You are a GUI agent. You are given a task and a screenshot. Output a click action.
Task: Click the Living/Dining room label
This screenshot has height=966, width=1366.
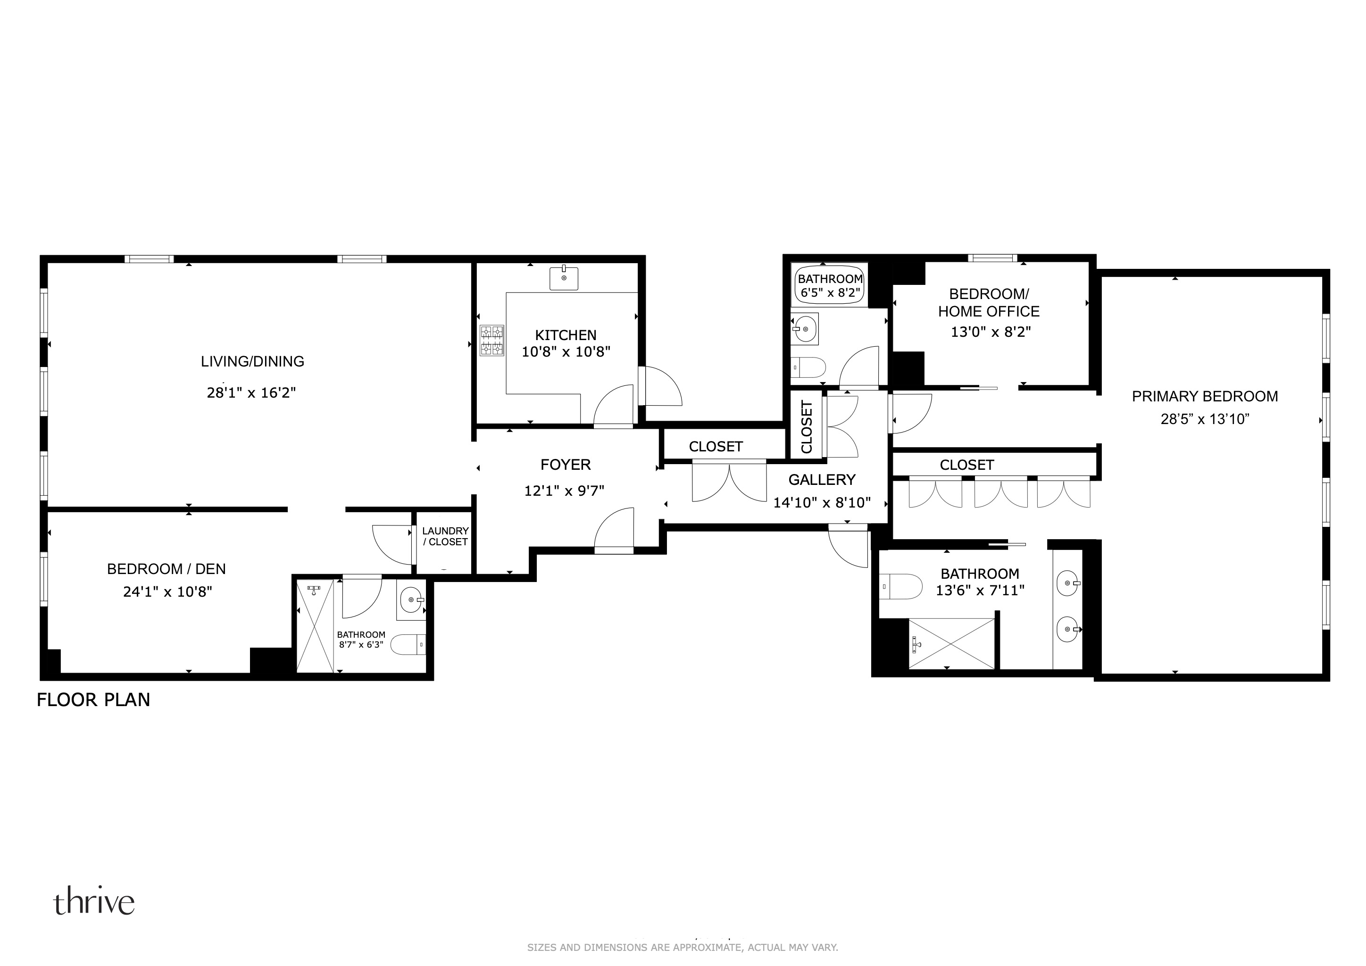(252, 361)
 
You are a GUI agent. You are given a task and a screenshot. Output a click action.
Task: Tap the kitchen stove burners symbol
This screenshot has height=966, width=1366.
(492, 340)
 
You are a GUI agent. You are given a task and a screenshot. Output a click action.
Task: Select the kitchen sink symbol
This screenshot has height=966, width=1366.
(563, 278)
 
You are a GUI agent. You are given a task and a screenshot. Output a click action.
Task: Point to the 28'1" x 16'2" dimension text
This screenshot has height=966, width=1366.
(251, 392)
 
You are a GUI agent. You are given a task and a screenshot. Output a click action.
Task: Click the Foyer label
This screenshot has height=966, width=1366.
(565, 465)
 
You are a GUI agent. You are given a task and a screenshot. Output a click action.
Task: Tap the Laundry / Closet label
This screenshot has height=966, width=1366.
(445, 536)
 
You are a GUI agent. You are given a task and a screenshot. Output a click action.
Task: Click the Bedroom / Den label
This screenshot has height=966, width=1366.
(166, 569)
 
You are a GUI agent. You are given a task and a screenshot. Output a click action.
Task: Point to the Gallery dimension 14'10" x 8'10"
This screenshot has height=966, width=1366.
(822, 503)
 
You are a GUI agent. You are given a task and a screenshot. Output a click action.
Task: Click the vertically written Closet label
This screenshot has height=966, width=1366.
(807, 426)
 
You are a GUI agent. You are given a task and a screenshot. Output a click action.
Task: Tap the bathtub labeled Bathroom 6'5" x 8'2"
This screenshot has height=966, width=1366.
(830, 285)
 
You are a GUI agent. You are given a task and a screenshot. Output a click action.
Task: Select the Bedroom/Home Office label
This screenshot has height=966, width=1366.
(989, 303)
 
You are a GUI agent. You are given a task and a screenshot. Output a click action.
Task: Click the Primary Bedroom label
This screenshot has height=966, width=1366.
(1205, 396)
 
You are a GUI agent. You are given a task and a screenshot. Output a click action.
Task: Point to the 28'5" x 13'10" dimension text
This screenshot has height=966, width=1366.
(1205, 419)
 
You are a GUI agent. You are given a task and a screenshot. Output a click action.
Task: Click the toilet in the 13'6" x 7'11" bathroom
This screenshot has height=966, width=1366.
(900, 586)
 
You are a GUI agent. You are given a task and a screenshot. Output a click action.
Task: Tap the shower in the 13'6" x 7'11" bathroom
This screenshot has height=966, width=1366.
(951, 643)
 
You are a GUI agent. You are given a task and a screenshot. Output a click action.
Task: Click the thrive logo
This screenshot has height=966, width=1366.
(94, 902)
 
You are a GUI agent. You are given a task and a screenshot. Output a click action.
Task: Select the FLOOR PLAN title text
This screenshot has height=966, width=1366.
(93, 700)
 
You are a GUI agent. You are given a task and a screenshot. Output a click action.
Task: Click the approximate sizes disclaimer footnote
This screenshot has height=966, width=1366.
(683, 947)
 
